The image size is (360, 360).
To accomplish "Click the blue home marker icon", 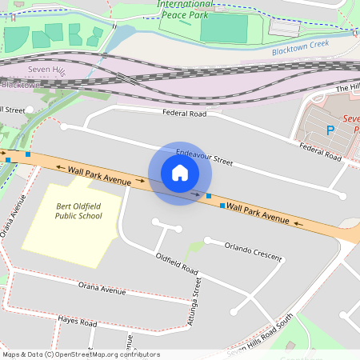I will (180, 173).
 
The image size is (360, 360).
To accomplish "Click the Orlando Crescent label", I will (254, 251).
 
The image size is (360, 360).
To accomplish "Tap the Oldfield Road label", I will (177, 265).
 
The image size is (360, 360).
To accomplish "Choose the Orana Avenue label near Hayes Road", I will (102, 288).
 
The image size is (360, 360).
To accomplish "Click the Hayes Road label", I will (77, 322).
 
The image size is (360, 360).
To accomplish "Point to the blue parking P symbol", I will (330, 130).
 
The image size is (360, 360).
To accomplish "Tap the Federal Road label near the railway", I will (185, 114).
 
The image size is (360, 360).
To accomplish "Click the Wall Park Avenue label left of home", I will (99, 175).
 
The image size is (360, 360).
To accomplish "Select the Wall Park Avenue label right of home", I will (258, 211).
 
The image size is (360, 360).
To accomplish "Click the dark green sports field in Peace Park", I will (223, 30).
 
